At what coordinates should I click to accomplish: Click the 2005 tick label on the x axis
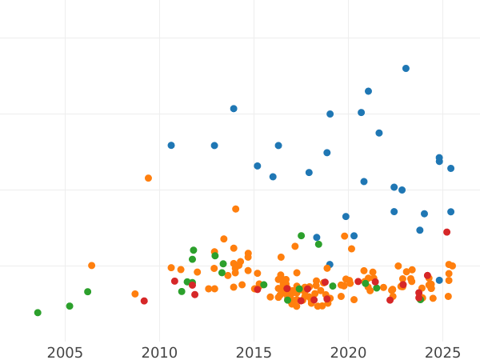[65, 353]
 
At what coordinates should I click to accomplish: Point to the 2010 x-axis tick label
[159, 353]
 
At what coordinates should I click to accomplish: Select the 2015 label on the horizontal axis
[254, 353]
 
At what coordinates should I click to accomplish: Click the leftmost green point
[38, 313]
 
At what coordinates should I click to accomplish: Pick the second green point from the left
[70, 306]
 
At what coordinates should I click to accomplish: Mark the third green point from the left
[87, 292]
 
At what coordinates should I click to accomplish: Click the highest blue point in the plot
[406, 69]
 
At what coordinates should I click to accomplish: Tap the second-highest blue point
[368, 91]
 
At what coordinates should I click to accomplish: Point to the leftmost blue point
[171, 146]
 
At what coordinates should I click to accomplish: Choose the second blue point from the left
[214, 146]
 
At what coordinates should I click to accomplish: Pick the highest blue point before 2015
[234, 109]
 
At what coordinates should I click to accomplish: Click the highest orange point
[148, 178]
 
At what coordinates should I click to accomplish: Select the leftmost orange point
[91, 266]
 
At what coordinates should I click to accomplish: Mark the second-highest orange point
[235, 209]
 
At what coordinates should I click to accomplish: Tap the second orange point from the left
[135, 294]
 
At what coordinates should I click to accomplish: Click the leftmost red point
[144, 301]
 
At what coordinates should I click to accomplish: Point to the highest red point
[446, 232]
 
